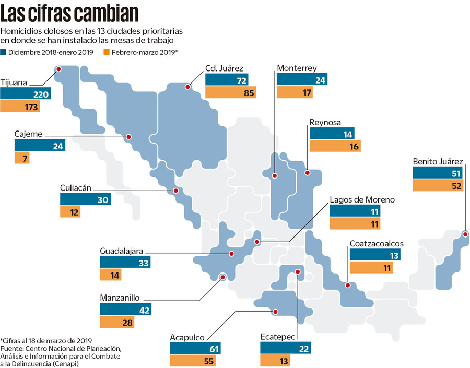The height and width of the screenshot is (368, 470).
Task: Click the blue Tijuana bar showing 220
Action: pos(26,94)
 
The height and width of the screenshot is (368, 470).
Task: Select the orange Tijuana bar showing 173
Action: pos(20,107)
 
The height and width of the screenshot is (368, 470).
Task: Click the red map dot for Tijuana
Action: pos(58,68)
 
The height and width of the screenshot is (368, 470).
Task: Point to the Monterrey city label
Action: pos(297,68)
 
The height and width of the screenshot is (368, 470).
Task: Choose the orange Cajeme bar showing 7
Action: pos(22,158)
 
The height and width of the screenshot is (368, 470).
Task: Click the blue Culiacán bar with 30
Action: pos(84,199)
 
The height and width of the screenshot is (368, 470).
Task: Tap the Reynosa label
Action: pos(325,123)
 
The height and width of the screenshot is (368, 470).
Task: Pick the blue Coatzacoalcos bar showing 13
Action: pos(375,255)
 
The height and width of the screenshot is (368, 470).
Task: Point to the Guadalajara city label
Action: pos(122,251)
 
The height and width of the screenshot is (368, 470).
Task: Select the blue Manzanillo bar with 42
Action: pos(125,310)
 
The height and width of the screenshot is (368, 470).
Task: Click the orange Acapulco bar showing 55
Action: pos(193,361)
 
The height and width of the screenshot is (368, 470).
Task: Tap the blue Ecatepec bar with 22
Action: pos(285,349)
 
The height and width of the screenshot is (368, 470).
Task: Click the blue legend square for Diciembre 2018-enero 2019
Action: pos(3,52)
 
